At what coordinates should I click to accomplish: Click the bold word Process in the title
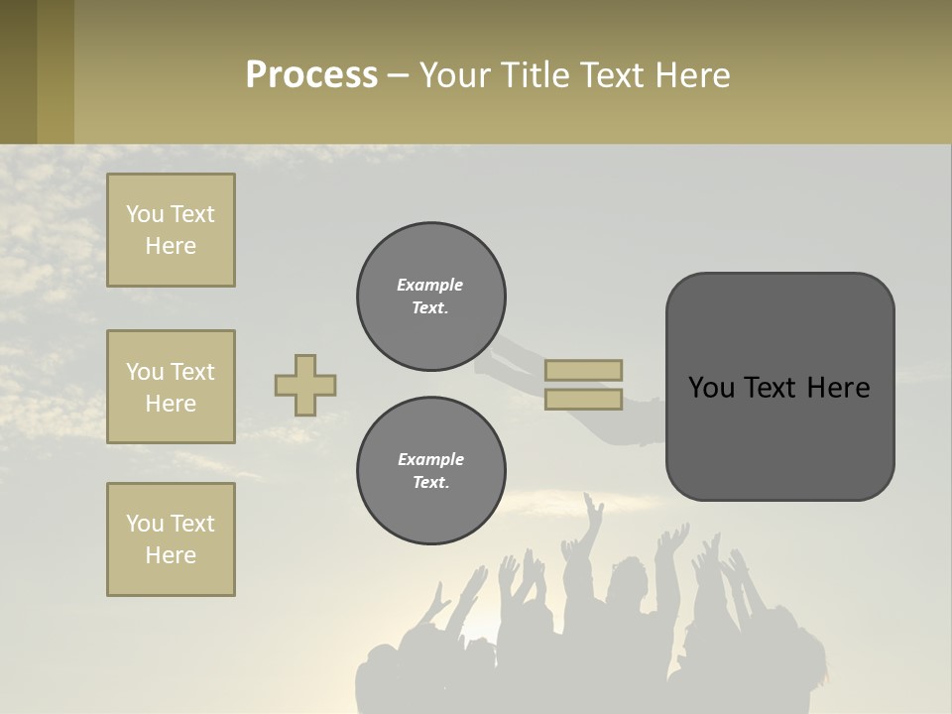click(x=311, y=75)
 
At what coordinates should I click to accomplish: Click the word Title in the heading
click(x=535, y=75)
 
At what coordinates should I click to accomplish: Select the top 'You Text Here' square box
click(x=171, y=230)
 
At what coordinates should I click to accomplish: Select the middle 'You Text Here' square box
click(x=171, y=387)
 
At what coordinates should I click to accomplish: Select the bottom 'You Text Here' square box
click(x=171, y=539)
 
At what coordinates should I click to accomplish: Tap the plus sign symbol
click(x=305, y=385)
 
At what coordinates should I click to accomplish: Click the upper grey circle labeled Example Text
click(x=431, y=297)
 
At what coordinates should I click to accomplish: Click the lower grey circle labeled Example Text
click(x=431, y=471)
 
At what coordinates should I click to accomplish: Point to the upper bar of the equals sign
click(x=584, y=370)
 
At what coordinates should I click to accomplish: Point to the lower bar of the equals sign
click(x=584, y=400)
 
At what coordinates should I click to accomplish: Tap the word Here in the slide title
click(x=691, y=75)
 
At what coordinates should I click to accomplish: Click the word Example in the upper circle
click(x=430, y=285)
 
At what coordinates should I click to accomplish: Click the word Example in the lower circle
click(x=430, y=459)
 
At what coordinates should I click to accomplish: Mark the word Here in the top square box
click(x=171, y=246)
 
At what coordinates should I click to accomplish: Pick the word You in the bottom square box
click(x=145, y=524)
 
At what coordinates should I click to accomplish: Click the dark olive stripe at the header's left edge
click(x=18, y=72)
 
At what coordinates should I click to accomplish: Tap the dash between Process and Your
click(x=398, y=76)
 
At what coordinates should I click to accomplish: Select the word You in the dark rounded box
click(x=712, y=388)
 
